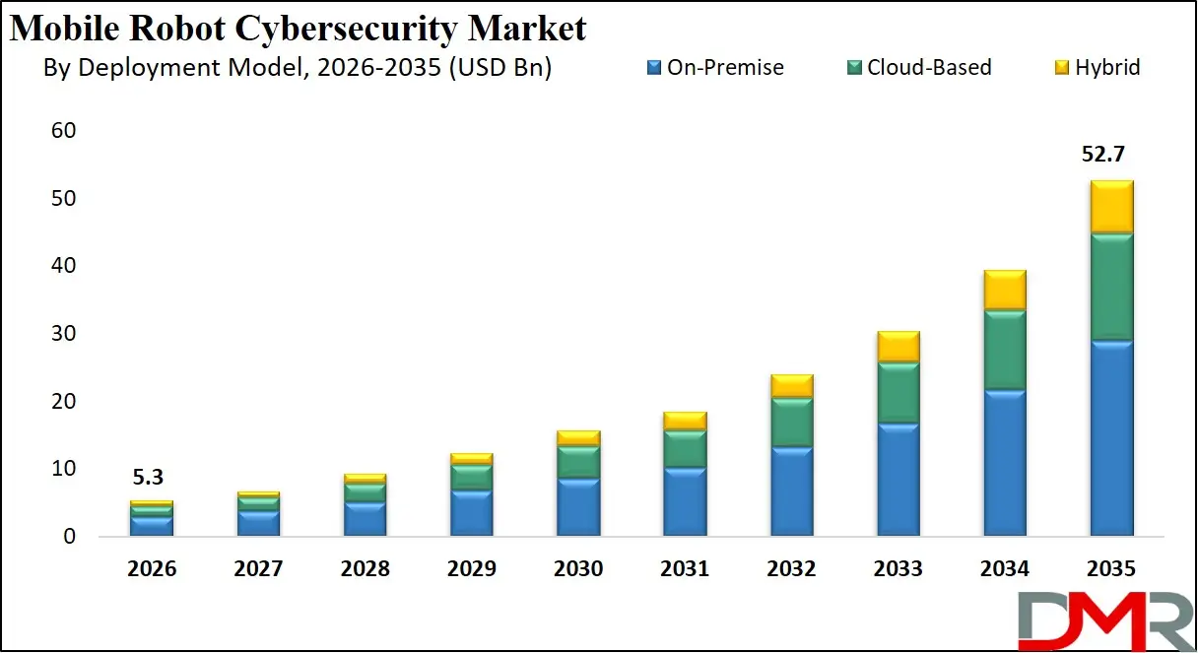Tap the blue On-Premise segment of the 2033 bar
[x=898, y=480]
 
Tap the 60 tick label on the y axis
[x=62, y=131]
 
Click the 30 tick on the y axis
[x=62, y=334]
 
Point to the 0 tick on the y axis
[x=69, y=537]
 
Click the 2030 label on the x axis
[x=578, y=569]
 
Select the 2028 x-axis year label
[x=365, y=569]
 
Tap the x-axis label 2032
[x=791, y=569]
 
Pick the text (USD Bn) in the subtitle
[x=502, y=67]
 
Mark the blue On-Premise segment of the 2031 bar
[x=685, y=501]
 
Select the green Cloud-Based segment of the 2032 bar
[x=791, y=423]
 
